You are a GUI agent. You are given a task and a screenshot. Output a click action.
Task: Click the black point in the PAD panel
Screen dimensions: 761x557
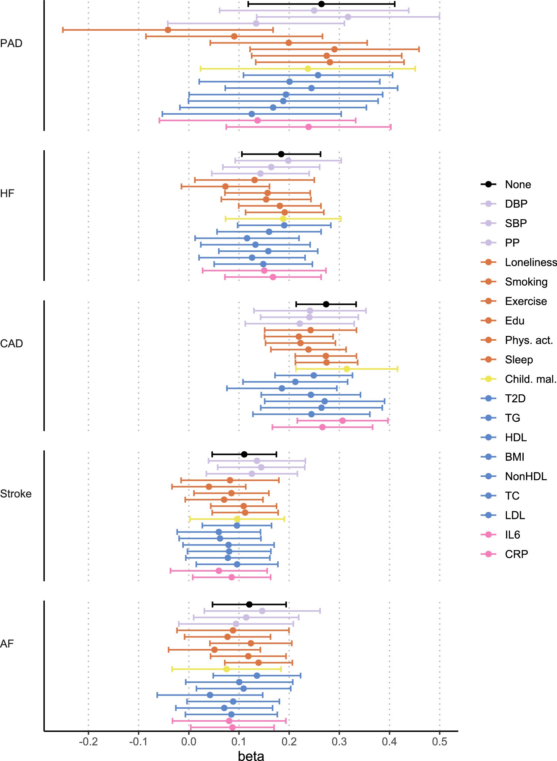pos(321,4)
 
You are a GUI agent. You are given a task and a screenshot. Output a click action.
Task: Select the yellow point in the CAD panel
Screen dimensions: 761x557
pos(347,369)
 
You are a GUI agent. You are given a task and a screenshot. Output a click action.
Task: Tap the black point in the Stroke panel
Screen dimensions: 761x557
pos(244,455)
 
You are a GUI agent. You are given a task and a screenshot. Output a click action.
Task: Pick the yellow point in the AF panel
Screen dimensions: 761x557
pos(227,669)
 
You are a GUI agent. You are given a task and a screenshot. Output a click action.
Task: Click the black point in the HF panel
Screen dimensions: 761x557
pos(281,154)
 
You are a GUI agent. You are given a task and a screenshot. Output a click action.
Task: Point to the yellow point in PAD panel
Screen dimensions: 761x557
pos(308,69)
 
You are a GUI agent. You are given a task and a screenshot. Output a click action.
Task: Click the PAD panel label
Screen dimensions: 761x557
pos(12,43)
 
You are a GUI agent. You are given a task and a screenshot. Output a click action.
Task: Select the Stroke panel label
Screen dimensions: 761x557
pos(16,493)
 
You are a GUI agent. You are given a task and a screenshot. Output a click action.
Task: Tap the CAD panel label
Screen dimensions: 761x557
pos(12,344)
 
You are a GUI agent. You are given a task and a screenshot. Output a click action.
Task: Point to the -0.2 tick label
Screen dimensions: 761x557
pos(88,742)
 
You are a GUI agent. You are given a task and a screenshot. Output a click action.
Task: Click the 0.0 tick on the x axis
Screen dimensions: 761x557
pos(189,742)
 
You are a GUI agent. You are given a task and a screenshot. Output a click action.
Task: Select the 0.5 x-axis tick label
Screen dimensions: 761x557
pos(439,742)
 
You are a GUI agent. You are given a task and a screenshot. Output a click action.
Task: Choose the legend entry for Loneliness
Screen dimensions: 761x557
pos(530,262)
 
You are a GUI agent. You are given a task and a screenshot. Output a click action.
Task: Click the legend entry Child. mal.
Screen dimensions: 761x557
pos(530,379)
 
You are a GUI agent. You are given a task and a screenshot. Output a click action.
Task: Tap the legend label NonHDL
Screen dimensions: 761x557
pos(526,476)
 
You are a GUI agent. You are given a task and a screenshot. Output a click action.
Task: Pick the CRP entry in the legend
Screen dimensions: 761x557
pos(516,554)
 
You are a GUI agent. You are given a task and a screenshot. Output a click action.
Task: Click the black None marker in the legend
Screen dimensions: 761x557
pos(488,184)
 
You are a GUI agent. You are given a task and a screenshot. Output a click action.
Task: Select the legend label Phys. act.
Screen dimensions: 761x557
pos(529,340)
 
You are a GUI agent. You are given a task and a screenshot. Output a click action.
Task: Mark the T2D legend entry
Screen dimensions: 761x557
pos(515,399)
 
